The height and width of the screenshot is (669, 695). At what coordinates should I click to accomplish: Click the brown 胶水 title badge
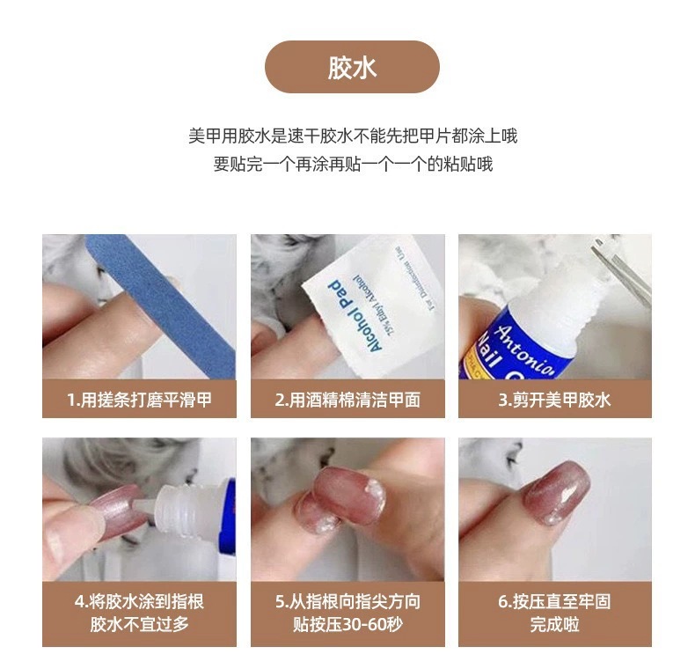(352, 67)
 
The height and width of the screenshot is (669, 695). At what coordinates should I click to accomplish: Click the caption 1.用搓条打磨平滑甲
(139, 401)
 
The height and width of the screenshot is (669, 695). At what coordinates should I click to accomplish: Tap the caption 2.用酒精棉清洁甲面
(347, 401)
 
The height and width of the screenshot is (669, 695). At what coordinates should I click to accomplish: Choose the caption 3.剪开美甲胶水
(554, 401)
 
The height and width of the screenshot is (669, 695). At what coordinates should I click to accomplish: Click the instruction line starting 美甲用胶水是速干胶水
(353, 136)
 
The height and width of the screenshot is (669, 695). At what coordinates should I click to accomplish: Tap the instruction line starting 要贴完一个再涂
(353, 165)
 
